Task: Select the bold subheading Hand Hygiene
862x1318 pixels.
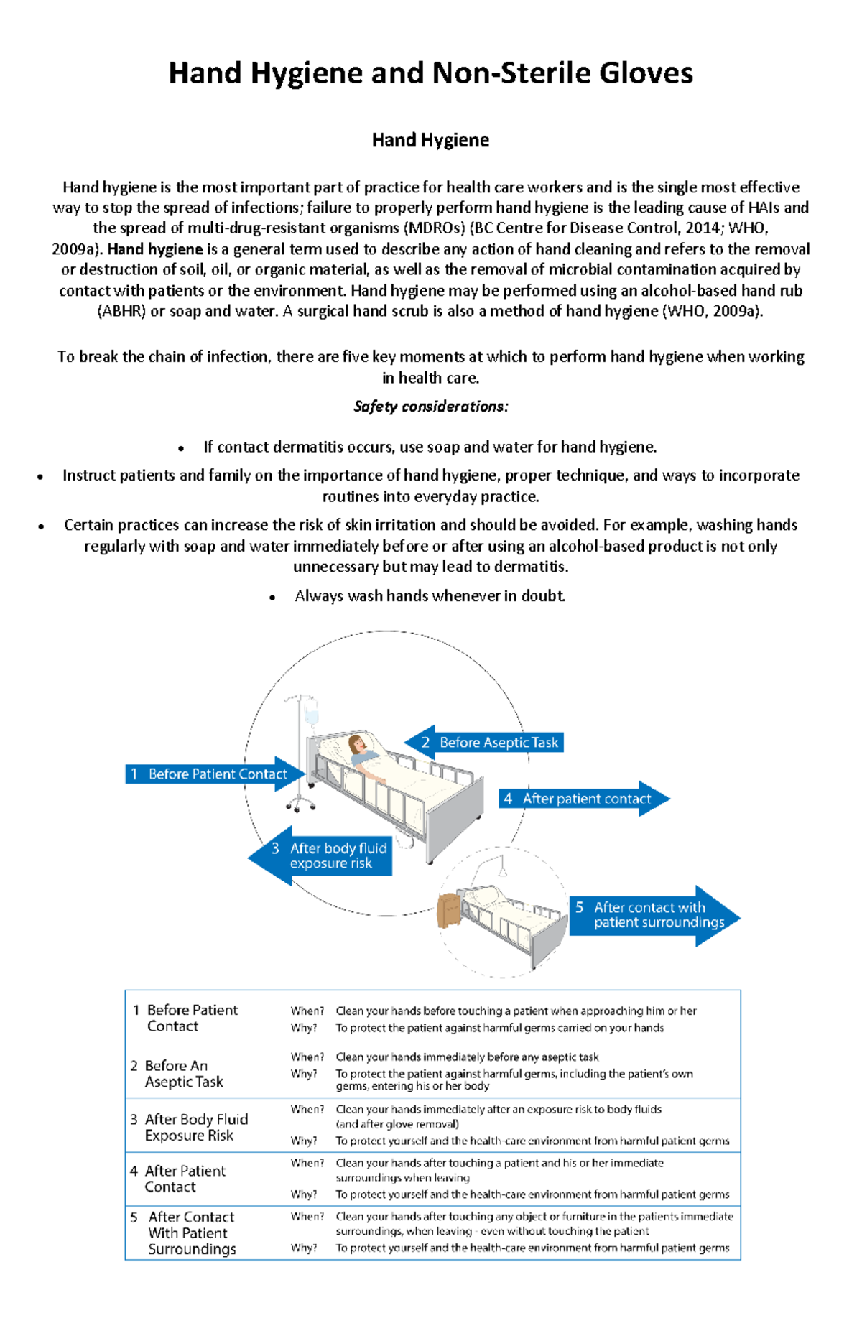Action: click(430, 140)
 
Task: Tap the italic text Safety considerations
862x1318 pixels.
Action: click(430, 407)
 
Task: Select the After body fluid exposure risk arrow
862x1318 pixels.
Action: click(327, 856)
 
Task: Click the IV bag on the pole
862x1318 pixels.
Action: click(311, 715)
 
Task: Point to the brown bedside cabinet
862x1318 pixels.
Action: click(449, 911)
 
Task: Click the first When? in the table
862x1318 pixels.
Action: click(307, 1011)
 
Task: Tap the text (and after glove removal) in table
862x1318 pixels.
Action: click(397, 1124)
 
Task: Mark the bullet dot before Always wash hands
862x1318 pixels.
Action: click(272, 598)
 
